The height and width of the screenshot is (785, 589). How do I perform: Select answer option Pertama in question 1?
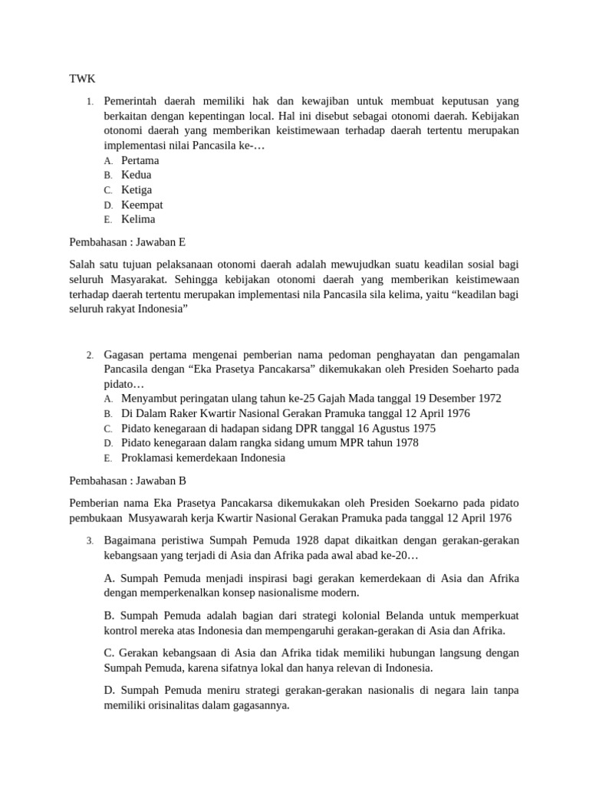pos(140,160)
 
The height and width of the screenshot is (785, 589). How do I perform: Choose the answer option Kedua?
pos(137,175)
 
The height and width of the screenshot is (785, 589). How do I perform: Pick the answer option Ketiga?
pos(137,189)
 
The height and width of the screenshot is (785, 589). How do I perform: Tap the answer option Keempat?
pos(142,205)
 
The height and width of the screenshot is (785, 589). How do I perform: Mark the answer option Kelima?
pos(138,219)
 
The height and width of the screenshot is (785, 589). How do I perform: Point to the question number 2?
pos(90,355)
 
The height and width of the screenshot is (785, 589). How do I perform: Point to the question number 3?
pos(90,541)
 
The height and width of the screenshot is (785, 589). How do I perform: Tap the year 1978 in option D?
pos(406,443)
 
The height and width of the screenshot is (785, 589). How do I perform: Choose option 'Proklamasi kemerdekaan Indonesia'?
pos(203,458)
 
